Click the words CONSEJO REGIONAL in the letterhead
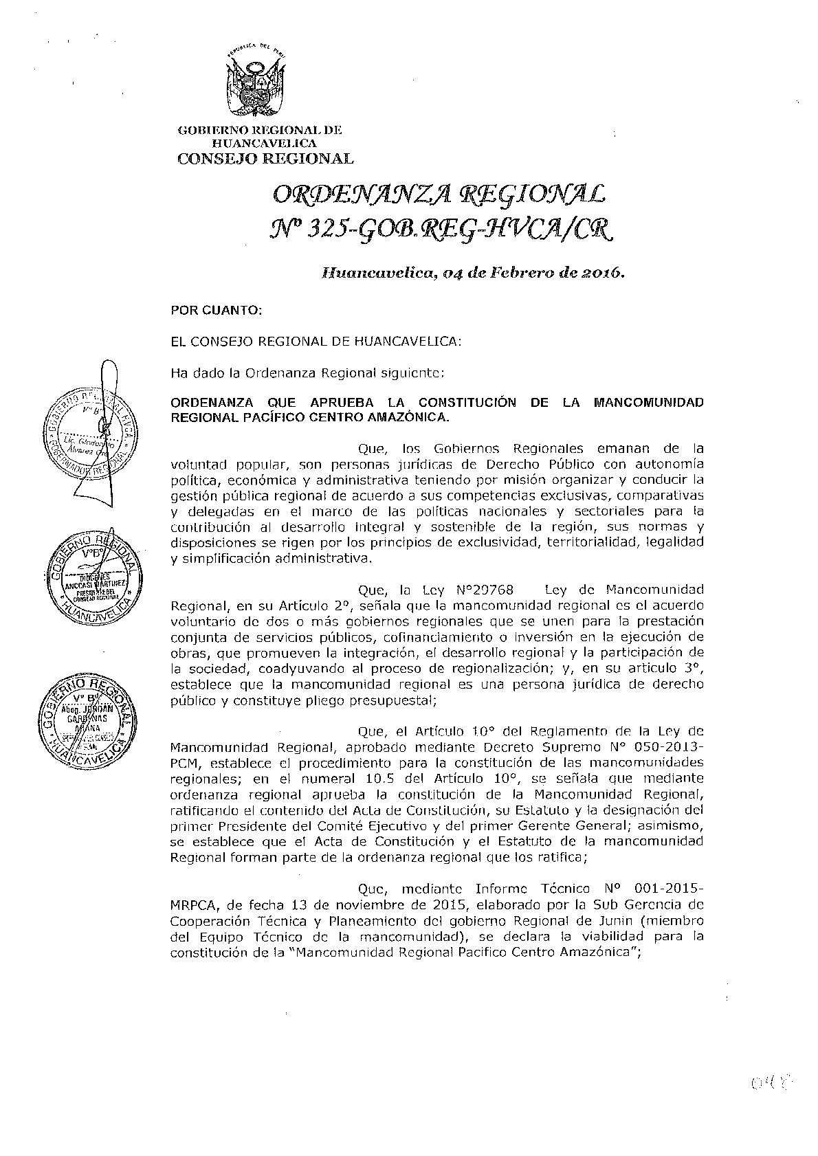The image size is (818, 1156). click(265, 159)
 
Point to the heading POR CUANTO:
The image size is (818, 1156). click(217, 310)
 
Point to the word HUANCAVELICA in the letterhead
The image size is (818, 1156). click(265, 144)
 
